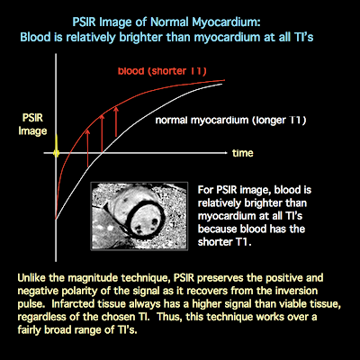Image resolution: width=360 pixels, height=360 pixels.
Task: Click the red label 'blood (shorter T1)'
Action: tap(162, 71)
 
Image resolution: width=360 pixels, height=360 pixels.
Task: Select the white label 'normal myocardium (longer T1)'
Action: tap(230, 121)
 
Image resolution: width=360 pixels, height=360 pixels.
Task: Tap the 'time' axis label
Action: tap(243, 153)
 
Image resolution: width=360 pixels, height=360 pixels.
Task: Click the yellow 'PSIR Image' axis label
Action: tap(32, 124)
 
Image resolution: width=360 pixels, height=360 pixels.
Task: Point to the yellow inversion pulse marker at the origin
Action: tap(56, 147)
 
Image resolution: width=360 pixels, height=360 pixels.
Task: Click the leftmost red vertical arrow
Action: tap(87, 148)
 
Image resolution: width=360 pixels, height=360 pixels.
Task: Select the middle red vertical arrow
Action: tap(102, 132)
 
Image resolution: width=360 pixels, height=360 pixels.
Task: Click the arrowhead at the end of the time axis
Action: tap(226, 153)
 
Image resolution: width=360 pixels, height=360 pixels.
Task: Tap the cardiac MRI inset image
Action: tap(139, 216)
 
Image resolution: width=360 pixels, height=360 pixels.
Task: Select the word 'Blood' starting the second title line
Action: tap(32, 38)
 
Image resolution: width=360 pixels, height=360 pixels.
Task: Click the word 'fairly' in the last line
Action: tap(30, 330)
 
